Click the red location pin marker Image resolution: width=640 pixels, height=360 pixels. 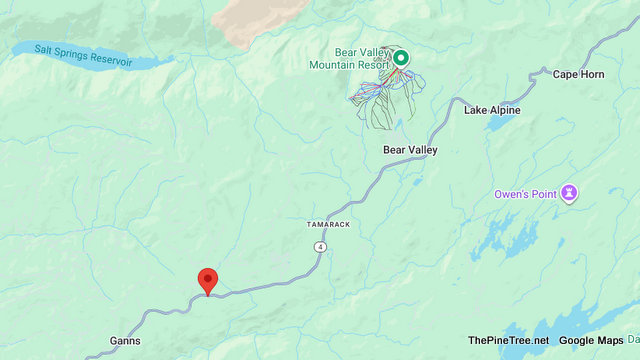click(208, 280)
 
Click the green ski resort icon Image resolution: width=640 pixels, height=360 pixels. click(400, 58)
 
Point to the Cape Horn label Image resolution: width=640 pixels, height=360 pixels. click(578, 74)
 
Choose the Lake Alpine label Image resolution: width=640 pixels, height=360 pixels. click(492, 110)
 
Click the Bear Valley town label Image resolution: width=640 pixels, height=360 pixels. click(410, 150)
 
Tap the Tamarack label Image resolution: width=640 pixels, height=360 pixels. click(328, 225)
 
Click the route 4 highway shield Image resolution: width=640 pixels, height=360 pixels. click(319, 245)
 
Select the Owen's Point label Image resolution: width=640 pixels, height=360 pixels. click(527, 193)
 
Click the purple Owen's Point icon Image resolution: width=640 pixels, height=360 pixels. click(570, 192)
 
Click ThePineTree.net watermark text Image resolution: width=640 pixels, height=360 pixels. click(508, 341)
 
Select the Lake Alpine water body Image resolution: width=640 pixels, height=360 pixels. click(499, 123)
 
